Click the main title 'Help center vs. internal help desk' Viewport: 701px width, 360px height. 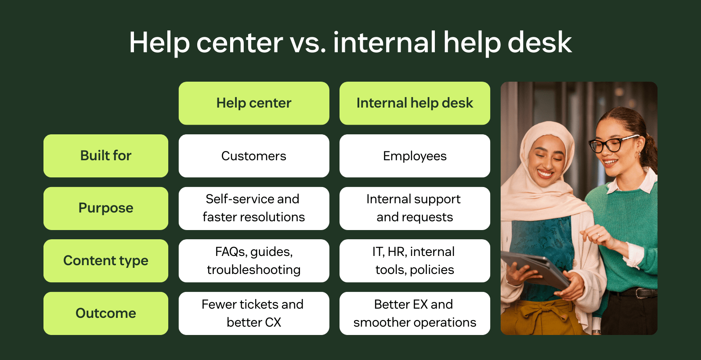pyautogui.click(x=350, y=43)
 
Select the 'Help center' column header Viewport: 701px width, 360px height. pyautogui.click(x=254, y=103)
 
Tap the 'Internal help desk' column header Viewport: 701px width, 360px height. pyautogui.click(x=415, y=103)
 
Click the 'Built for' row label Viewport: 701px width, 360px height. pyautogui.click(x=106, y=156)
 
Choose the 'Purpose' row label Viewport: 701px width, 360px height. pyautogui.click(x=106, y=208)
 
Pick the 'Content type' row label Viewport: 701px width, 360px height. pyautogui.click(x=106, y=261)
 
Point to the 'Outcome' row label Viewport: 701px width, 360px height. pyautogui.click(x=106, y=313)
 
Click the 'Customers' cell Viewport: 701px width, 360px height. pyautogui.click(x=254, y=156)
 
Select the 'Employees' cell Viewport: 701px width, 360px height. pyautogui.click(x=415, y=156)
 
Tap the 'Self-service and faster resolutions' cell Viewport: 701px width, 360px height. pyautogui.click(x=254, y=208)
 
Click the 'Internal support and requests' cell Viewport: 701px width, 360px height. pyautogui.click(x=415, y=208)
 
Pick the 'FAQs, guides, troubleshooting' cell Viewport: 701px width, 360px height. pyautogui.click(x=254, y=261)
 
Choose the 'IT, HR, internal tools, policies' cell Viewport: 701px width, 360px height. pyautogui.click(x=415, y=261)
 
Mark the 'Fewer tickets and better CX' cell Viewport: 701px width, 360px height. pyautogui.click(x=254, y=313)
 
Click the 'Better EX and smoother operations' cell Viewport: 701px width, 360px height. pyautogui.click(x=415, y=313)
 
